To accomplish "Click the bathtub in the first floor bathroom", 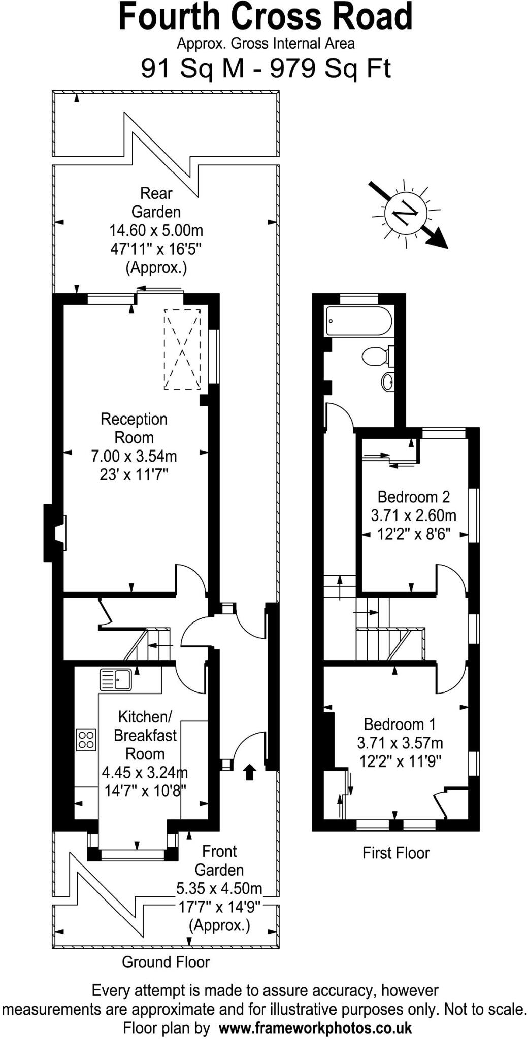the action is pyautogui.click(x=359, y=321).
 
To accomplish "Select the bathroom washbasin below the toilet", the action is pyautogui.click(x=387, y=382).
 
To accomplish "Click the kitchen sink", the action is pyautogui.click(x=116, y=680).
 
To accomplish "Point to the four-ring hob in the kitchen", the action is pyautogui.click(x=86, y=739).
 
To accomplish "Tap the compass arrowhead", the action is pyautogui.click(x=438, y=239).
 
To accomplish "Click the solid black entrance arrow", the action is pyautogui.click(x=249, y=772).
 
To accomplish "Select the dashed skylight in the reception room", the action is pyautogui.click(x=182, y=350).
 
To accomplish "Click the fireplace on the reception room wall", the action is pyautogui.click(x=55, y=533).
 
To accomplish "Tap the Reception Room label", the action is pyautogui.click(x=134, y=428).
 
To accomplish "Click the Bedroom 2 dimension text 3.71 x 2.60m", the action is pyautogui.click(x=414, y=515).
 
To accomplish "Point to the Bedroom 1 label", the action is pyautogui.click(x=400, y=724).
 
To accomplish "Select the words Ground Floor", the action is pyautogui.click(x=166, y=962).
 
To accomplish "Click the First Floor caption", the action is pyautogui.click(x=396, y=853).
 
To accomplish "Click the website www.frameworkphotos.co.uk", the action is pyautogui.click(x=315, y=1028).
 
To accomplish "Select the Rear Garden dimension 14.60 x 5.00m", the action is pyautogui.click(x=156, y=230).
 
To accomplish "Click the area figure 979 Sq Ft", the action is pyautogui.click(x=331, y=68).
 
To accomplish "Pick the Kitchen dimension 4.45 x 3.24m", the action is pyautogui.click(x=145, y=773).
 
